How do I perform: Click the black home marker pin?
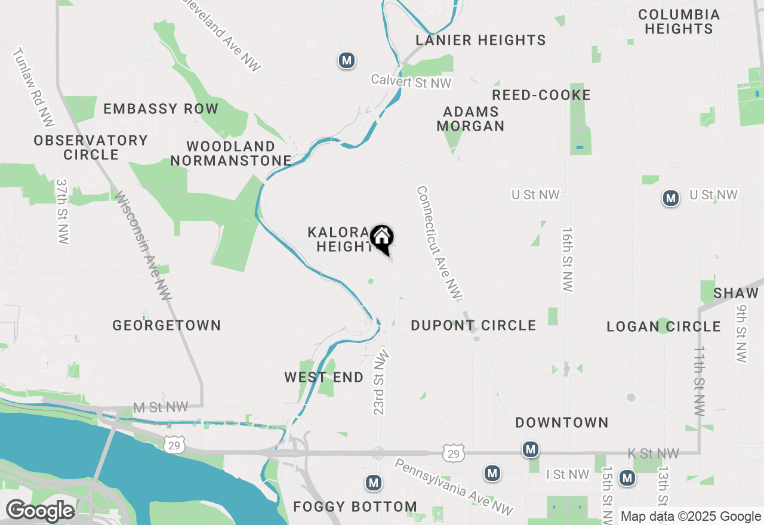point(381,239)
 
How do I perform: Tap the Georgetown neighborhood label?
point(167,325)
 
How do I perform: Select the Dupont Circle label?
point(473,325)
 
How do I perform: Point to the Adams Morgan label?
point(470,119)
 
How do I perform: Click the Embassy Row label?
point(161,109)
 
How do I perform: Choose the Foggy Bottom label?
point(355,507)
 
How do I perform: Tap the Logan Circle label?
point(664,326)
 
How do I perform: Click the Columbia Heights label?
point(679,21)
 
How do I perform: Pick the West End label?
point(324,377)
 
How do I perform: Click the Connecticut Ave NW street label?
point(439,242)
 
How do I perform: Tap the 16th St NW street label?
point(566,260)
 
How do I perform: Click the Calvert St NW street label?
point(411,81)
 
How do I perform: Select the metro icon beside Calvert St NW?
point(346,60)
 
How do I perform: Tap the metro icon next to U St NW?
point(671,198)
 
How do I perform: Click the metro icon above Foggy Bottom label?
point(374,482)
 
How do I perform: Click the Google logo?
point(40,511)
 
